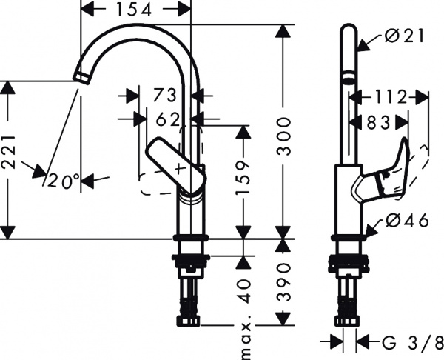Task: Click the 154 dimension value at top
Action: (x=134, y=9)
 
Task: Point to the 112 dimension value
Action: (x=389, y=96)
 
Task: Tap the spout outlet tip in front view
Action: (x=81, y=76)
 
